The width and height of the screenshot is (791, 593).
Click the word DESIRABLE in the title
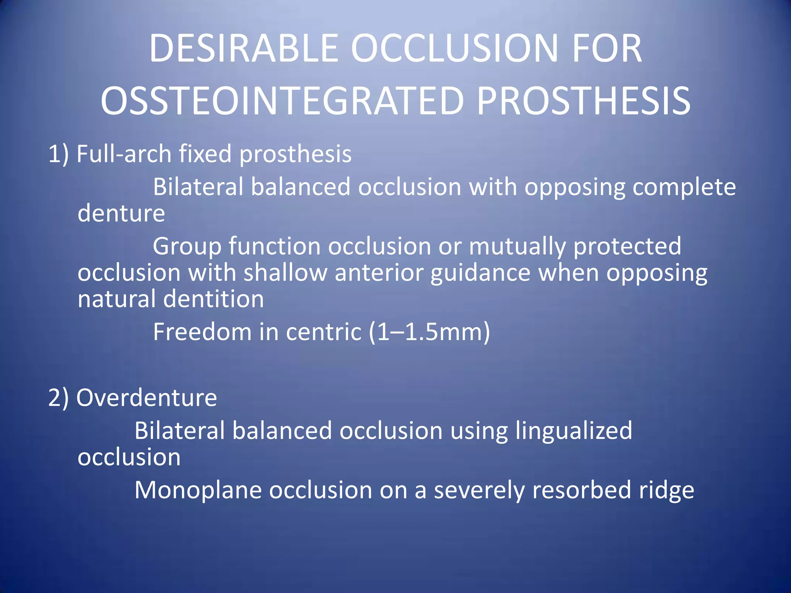244,48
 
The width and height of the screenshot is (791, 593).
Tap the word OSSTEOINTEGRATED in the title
282,101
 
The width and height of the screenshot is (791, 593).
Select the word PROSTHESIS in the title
583,101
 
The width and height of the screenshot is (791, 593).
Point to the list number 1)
58,154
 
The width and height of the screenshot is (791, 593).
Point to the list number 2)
58,398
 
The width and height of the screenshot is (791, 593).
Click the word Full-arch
124,154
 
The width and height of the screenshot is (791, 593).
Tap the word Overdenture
147,398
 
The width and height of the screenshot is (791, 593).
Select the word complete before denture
684,188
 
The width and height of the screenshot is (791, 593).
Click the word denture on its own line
121,213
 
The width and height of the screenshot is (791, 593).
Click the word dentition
214,299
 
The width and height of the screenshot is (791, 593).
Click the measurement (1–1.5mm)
429,332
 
